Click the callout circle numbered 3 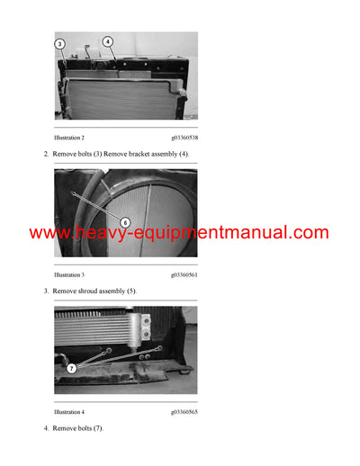click(59, 43)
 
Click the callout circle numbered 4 click(107, 41)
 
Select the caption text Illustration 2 click(69, 138)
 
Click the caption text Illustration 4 click(69, 411)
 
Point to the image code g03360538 click(184, 138)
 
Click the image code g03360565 click(184, 411)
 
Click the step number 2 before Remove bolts click(46, 155)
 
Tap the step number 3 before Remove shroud click(46, 291)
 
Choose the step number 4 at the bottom click(46, 428)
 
